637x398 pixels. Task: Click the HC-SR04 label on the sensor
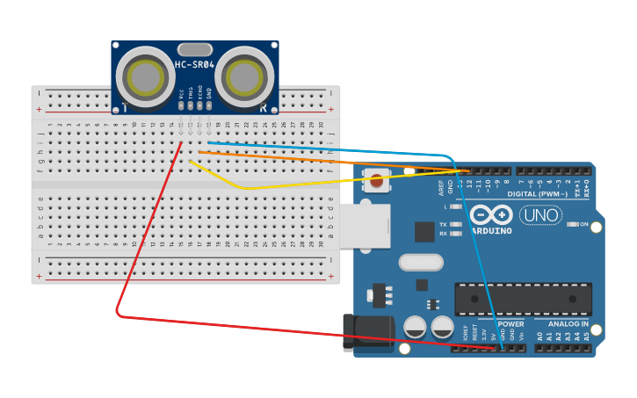[x=195, y=65]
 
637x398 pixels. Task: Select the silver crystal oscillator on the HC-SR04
[x=194, y=49]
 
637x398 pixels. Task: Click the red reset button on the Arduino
[x=377, y=183]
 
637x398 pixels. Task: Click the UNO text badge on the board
[x=540, y=215]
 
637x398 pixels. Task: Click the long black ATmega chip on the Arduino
[x=523, y=298]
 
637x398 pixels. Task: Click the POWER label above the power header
[x=510, y=324]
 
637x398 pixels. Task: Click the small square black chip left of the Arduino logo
[x=424, y=232]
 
